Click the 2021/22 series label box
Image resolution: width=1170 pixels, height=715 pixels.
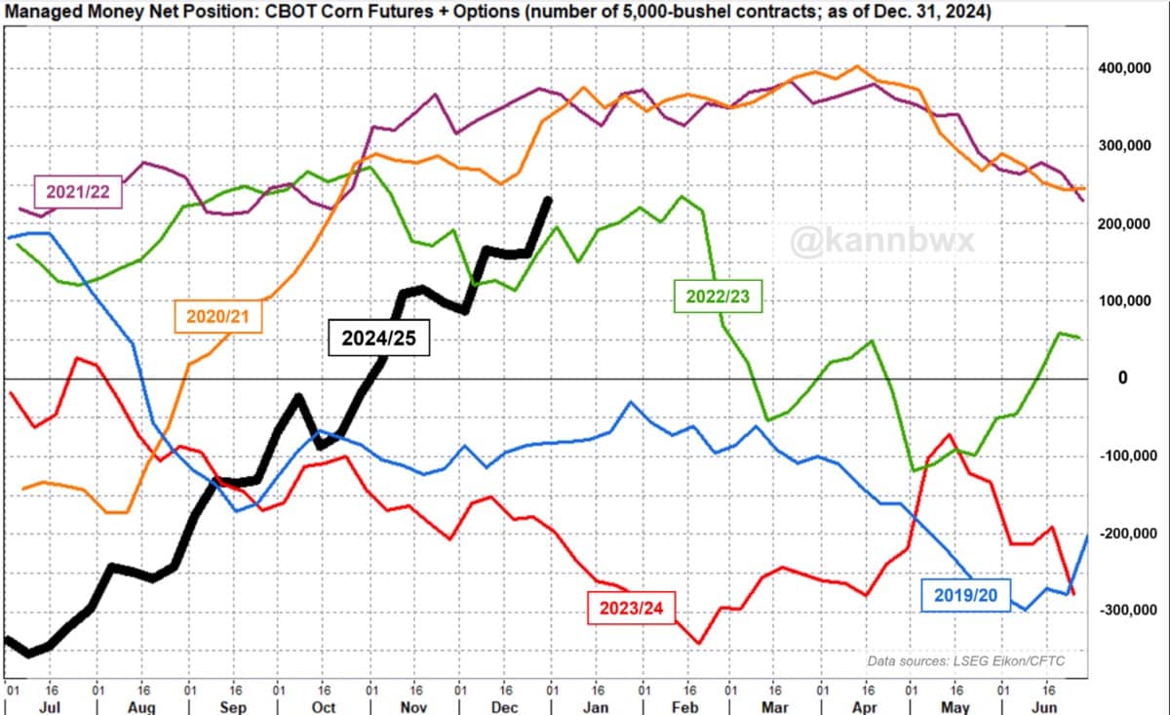pyautogui.click(x=78, y=192)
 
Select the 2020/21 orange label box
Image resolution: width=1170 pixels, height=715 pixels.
pyautogui.click(x=217, y=316)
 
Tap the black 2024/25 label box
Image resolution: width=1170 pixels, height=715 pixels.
pyautogui.click(x=378, y=338)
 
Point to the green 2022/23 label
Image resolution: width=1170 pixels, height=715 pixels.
pyautogui.click(x=718, y=297)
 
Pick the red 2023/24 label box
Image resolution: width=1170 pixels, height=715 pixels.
pyautogui.click(x=631, y=608)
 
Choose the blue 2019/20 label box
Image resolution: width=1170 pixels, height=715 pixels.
pyautogui.click(x=965, y=595)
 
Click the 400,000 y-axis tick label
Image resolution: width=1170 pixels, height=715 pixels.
pyautogui.click(x=1124, y=68)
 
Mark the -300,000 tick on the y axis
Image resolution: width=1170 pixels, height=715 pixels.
pyautogui.click(x=1128, y=610)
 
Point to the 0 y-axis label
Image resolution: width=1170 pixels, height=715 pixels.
pyautogui.click(x=1122, y=377)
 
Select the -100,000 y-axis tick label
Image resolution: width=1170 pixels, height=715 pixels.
pyautogui.click(x=1128, y=456)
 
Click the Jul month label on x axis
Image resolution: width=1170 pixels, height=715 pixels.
pyautogui.click(x=50, y=706)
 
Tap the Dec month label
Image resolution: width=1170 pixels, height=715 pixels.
pyautogui.click(x=505, y=706)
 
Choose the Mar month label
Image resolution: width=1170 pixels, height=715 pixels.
pyautogui.click(x=775, y=706)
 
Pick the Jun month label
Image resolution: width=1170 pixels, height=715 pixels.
pyautogui.click(x=1045, y=706)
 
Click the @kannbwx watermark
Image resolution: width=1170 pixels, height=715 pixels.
pyautogui.click(x=882, y=241)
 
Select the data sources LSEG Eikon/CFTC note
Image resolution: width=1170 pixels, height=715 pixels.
pyautogui.click(x=966, y=661)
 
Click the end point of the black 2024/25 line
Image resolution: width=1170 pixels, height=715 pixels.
pyautogui.click(x=549, y=199)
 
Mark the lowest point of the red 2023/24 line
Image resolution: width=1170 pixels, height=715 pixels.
pyautogui.click(x=699, y=643)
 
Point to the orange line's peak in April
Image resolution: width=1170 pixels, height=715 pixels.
pyautogui.click(x=856, y=66)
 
